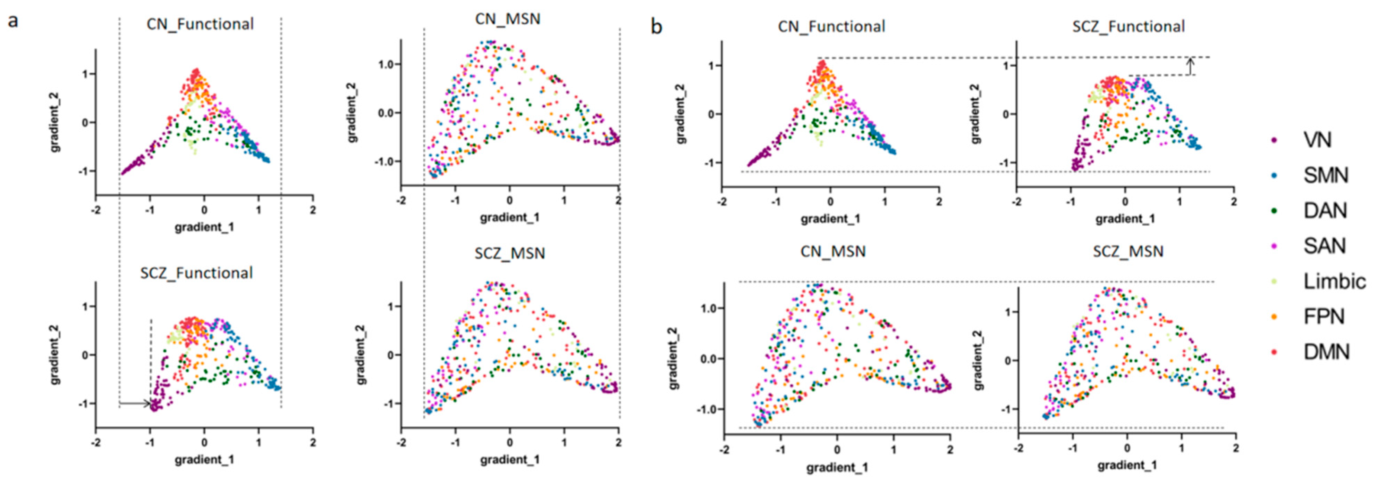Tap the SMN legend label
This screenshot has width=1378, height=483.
pyautogui.click(x=1326, y=175)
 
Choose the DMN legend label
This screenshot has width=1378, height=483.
pyautogui.click(x=1327, y=352)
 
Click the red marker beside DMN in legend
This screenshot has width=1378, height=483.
pyautogui.click(x=1274, y=352)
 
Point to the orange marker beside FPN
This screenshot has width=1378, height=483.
pyautogui.click(x=1274, y=317)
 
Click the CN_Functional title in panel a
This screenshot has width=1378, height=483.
pyautogui.click(x=200, y=24)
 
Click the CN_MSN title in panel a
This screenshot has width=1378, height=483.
pyautogui.click(x=508, y=19)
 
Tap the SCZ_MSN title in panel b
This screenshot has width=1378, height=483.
pyautogui.click(x=1128, y=251)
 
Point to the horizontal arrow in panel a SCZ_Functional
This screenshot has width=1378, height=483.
pyautogui.click(x=135, y=403)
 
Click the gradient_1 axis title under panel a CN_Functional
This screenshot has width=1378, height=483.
pyautogui.click(x=204, y=227)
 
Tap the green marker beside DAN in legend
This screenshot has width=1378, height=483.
pyautogui.click(x=1274, y=211)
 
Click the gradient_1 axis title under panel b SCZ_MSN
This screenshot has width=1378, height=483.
pyautogui.click(x=1127, y=465)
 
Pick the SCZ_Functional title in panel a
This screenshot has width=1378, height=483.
pyautogui.click(x=196, y=273)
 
